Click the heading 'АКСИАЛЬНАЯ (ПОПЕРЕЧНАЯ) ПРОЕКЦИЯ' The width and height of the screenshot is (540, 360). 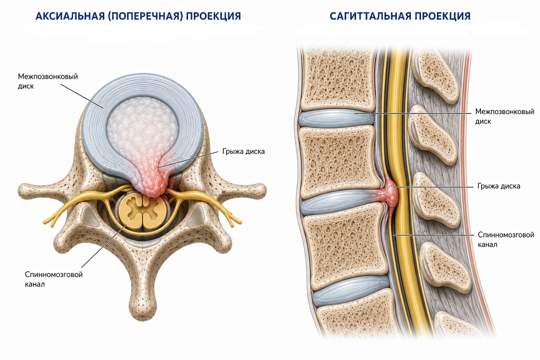(x=138, y=16)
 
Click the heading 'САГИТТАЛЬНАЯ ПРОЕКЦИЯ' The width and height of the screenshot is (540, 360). (x=400, y=16)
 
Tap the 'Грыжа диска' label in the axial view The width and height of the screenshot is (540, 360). (x=243, y=152)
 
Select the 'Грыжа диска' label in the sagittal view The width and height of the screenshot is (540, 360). (x=499, y=186)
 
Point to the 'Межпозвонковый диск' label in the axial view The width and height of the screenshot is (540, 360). (x=48, y=81)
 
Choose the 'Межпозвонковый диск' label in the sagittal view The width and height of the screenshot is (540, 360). (x=504, y=116)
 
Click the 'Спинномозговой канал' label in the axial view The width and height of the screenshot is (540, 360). (x=54, y=279)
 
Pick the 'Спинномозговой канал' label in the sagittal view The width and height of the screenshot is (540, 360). (x=506, y=240)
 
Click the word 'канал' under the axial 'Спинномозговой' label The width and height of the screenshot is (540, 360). (x=35, y=284)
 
